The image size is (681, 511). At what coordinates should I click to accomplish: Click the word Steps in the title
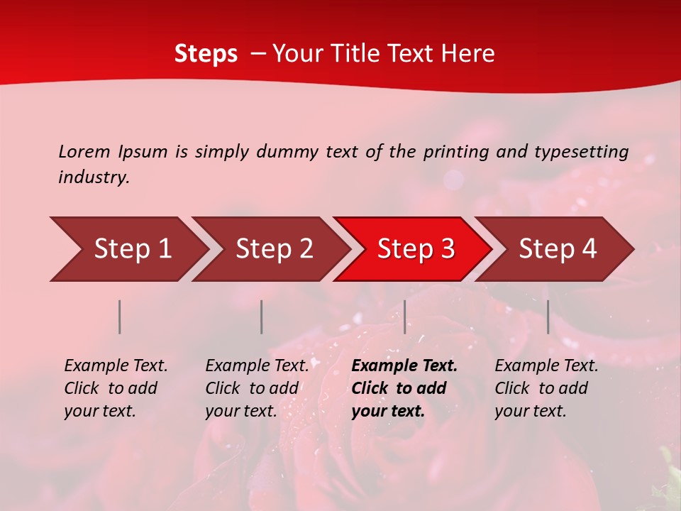click(x=206, y=54)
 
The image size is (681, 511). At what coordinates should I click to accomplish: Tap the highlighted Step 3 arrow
click(x=416, y=249)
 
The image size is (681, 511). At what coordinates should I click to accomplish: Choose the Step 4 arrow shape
click(x=558, y=249)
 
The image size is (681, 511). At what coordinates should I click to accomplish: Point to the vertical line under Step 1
click(x=120, y=317)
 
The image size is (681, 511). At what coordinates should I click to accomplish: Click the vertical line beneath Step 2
click(x=262, y=317)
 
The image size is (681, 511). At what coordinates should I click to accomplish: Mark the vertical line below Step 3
click(x=404, y=317)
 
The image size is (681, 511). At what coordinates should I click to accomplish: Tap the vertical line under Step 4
click(x=548, y=317)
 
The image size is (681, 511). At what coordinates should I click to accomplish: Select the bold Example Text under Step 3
click(x=404, y=388)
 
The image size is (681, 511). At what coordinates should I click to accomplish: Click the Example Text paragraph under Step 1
click(x=116, y=388)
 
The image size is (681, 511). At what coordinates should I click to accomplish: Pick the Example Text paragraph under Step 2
click(x=257, y=388)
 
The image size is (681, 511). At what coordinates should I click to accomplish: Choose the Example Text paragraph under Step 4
click(x=546, y=388)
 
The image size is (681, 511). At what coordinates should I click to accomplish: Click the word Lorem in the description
click(x=84, y=151)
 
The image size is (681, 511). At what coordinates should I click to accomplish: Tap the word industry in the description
click(x=94, y=177)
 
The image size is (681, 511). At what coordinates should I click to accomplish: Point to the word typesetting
click(x=581, y=152)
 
